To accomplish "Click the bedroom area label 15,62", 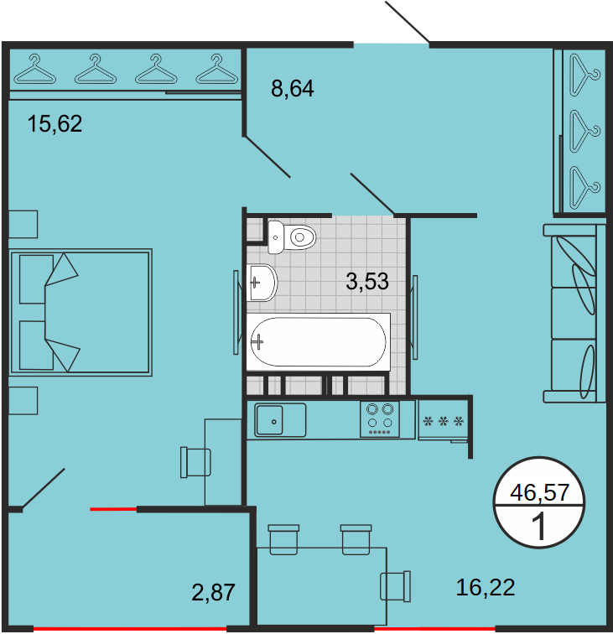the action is (55, 124).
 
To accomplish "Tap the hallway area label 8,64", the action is (293, 89).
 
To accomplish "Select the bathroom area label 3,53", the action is (367, 282).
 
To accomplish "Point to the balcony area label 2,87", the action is (213, 592).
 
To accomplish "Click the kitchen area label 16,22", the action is (486, 588).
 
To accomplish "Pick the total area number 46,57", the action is (540, 492).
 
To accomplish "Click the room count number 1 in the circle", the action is (539, 527).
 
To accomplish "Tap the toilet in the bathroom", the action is (292, 237).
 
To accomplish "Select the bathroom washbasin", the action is (262, 283).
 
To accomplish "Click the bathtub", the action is (318, 341).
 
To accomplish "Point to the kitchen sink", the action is (280, 420).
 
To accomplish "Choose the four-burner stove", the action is (380, 419).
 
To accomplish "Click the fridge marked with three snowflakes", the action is (443, 419).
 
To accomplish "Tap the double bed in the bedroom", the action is (81, 313).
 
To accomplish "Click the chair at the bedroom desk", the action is (195, 462).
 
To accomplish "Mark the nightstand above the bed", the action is (23, 224).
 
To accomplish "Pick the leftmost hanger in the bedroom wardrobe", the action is (34, 69).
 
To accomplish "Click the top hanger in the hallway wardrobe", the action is (584, 75).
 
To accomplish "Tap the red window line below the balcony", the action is (130, 629).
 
